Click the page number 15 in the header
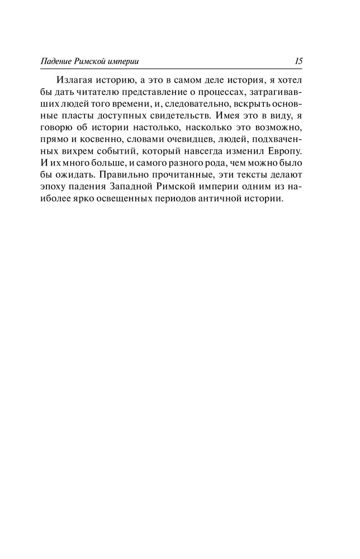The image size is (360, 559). (x=298, y=61)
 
